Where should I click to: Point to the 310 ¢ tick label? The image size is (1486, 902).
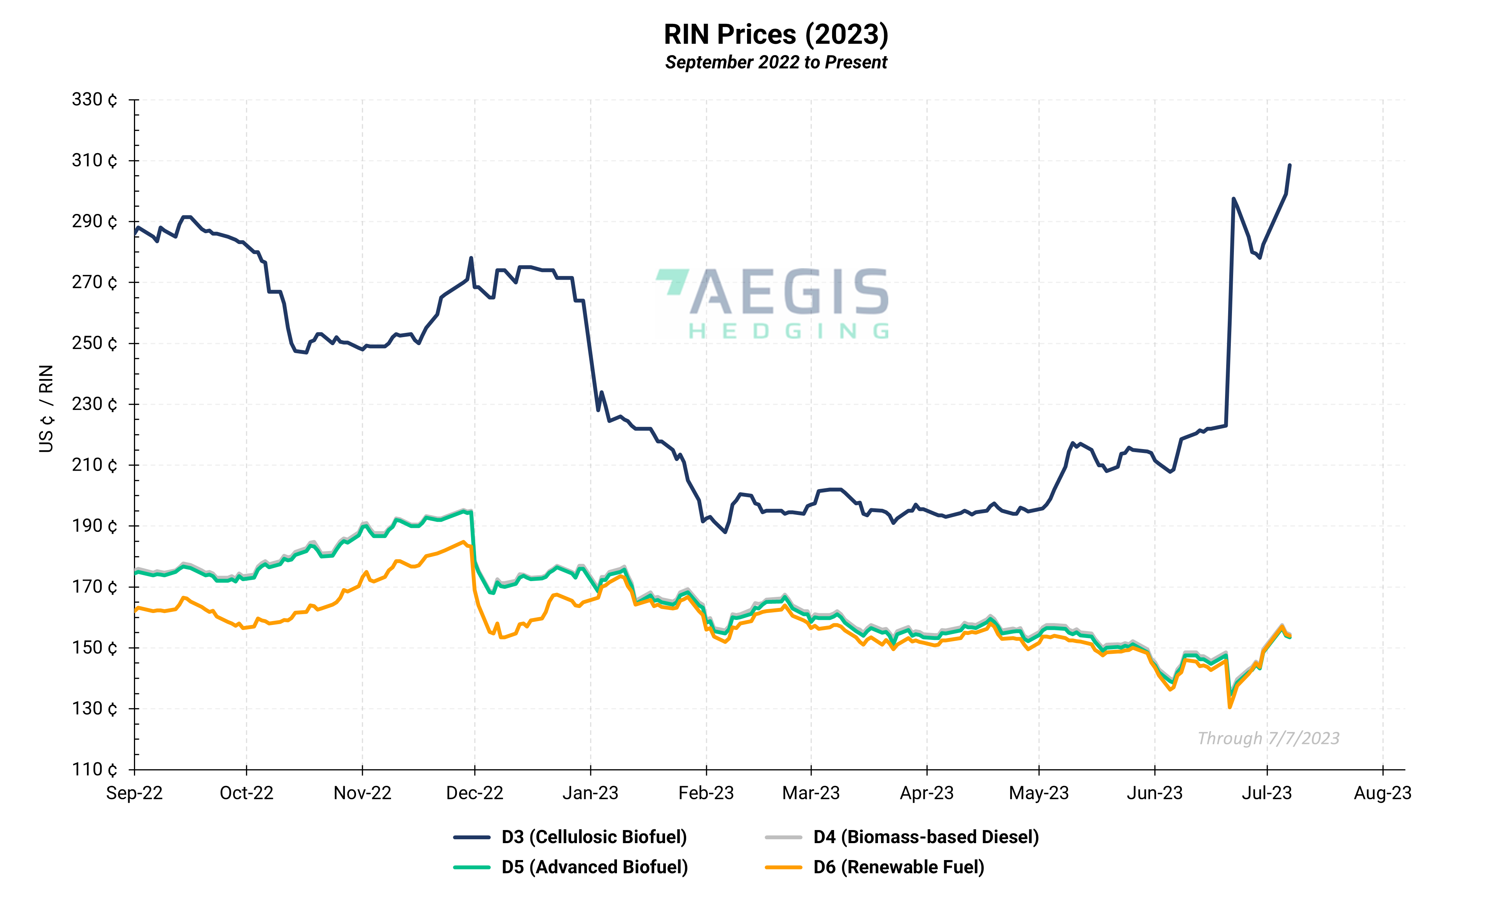pyautogui.click(x=95, y=160)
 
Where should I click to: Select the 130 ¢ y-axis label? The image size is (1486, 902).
pyautogui.click(x=95, y=708)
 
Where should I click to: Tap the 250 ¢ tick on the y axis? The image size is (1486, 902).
pyautogui.click(x=95, y=343)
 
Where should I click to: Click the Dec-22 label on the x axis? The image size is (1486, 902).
pyautogui.click(x=475, y=793)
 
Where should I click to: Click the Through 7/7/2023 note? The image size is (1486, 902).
pyautogui.click(x=1268, y=738)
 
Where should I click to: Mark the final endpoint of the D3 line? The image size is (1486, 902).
pyautogui.click(x=1289, y=165)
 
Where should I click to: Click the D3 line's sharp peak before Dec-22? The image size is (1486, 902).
pyautogui.click(x=471, y=258)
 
